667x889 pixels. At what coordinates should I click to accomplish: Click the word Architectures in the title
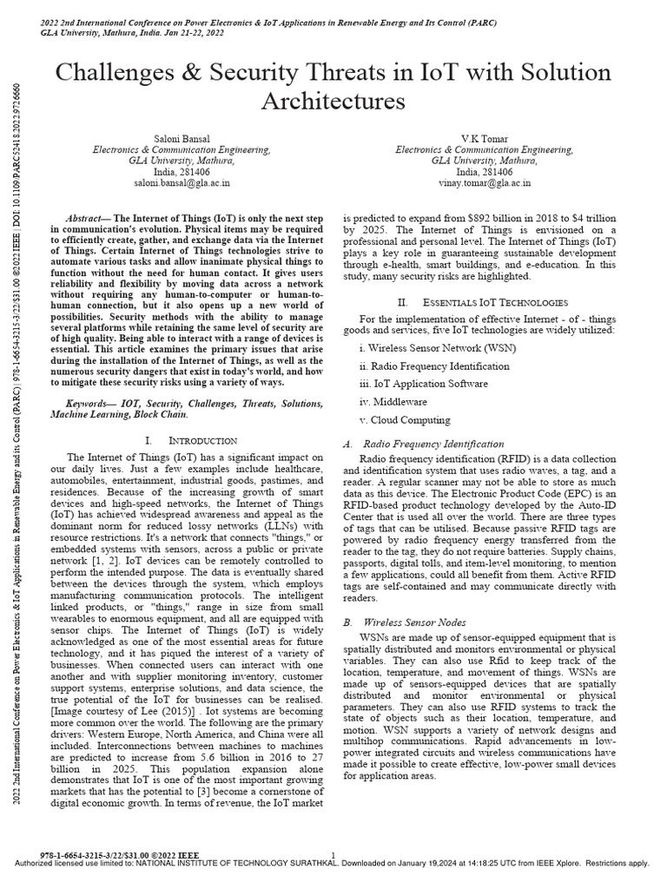[333, 102]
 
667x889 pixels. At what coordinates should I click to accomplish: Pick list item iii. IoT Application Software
[423, 384]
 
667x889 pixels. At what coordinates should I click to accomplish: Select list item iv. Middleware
[393, 402]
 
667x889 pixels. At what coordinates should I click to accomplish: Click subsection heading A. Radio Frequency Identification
[424, 444]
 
